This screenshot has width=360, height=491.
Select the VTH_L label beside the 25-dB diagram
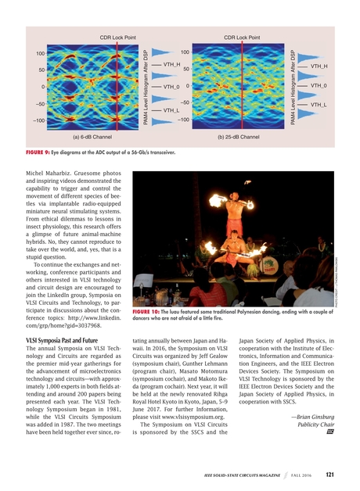point(319,104)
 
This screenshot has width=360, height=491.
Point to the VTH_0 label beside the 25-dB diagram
point(319,85)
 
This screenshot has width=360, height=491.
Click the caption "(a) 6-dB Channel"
point(97,136)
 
